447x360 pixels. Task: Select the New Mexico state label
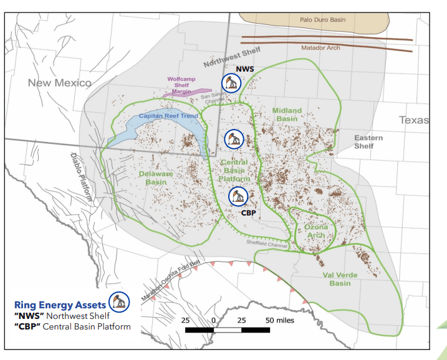[59, 83]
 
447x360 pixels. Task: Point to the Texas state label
[415, 120]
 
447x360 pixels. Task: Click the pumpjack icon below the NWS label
[232, 83]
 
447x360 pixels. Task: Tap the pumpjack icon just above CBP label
[238, 196]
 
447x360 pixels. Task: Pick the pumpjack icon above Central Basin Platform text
[233, 139]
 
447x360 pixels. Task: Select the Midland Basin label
[287, 115]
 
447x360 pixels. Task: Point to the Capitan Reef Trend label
[168, 116]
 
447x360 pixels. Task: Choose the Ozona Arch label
[316, 231]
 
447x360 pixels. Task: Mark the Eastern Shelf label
[364, 141]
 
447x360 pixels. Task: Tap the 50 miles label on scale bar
[280, 320]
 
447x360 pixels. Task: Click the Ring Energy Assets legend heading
[60, 305]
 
